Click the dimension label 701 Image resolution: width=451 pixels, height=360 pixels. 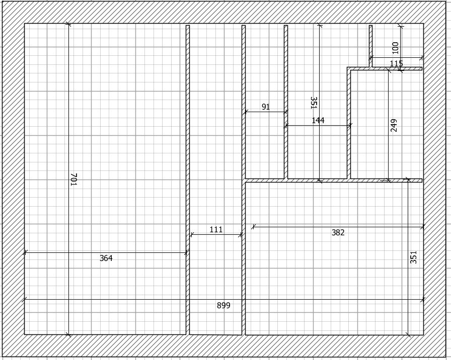74,179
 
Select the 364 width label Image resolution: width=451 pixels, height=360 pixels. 106,258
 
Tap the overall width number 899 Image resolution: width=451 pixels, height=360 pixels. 223,305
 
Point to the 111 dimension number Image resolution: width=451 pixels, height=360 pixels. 216,230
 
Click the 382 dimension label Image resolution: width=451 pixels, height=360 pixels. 338,232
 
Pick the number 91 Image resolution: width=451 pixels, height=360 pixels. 266,107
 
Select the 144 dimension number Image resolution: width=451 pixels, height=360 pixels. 318,120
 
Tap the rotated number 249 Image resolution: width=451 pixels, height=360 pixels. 394,125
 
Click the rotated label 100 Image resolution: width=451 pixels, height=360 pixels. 395,48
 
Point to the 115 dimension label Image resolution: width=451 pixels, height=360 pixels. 396,64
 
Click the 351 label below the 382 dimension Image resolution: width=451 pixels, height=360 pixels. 413,257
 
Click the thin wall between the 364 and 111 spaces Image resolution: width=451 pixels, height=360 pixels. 188,180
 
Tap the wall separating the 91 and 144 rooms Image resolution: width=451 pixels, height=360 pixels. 286,102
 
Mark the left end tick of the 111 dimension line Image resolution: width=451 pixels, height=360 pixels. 191,235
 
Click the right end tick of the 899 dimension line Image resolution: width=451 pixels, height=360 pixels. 422,300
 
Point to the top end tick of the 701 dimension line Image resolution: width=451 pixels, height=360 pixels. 68,24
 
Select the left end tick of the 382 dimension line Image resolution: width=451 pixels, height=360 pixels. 253,227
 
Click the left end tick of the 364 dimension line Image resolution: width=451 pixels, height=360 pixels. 25,252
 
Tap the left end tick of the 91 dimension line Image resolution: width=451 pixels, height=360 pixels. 245,112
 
